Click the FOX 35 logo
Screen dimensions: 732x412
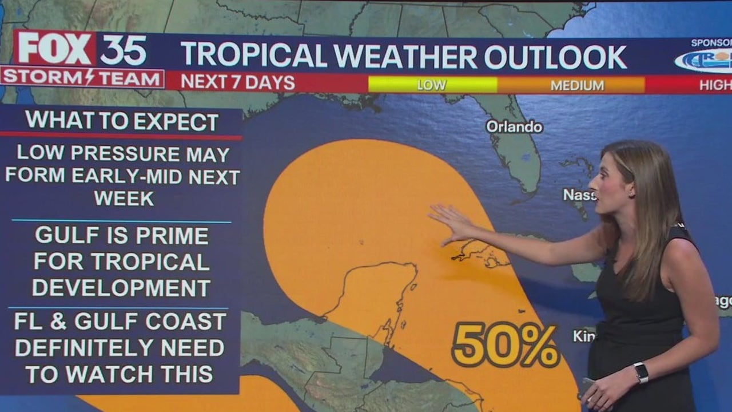[82, 49]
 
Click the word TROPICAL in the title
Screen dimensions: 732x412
[254, 56]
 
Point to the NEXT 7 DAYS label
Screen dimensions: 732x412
[238, 83]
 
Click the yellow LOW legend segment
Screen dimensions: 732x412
[432, 85]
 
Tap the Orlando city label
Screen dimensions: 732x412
[514, 126]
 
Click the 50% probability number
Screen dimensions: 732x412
[505, 346]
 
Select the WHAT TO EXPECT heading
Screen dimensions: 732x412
[122, 121]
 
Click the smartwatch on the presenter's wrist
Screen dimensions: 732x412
[640, 373]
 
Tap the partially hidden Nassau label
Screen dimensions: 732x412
[579, 195]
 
